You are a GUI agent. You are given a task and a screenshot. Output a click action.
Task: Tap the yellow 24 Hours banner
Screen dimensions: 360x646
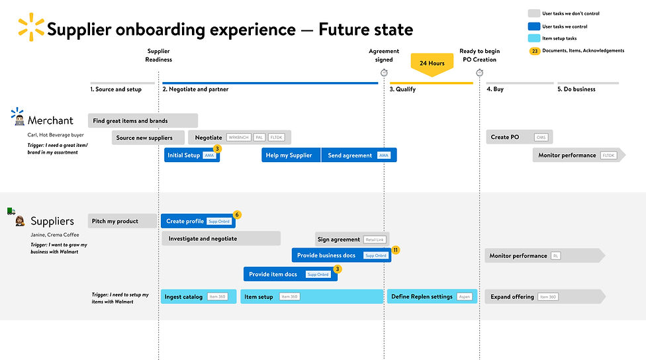coord(432,64)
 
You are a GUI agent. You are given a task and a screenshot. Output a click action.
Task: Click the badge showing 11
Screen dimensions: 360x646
coord(395,250)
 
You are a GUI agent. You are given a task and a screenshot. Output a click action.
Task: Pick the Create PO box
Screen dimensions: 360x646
coord(519,137)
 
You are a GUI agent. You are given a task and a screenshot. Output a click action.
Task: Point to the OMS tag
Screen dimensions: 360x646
coord(541,137)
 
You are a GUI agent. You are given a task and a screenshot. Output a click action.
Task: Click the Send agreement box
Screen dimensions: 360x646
coord(359,155)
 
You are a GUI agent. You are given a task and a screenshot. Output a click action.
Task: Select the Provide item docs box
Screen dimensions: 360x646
coord(290,274)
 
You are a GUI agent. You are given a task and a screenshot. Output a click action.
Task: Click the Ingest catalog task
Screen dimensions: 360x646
coord(198,296)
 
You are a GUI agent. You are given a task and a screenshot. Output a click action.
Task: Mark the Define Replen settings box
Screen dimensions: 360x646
coord(431,296)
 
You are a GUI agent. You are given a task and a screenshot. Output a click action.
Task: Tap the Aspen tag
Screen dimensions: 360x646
coord(465,296)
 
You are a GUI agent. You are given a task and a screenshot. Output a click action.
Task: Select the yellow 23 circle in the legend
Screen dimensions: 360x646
coord(534,51)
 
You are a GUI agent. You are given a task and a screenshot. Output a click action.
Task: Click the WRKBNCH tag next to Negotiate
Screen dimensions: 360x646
coord(239,138)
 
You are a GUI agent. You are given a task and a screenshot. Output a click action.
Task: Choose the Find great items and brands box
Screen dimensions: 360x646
coord(142,120)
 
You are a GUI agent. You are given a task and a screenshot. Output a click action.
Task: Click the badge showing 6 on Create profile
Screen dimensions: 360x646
coord(237,214)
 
